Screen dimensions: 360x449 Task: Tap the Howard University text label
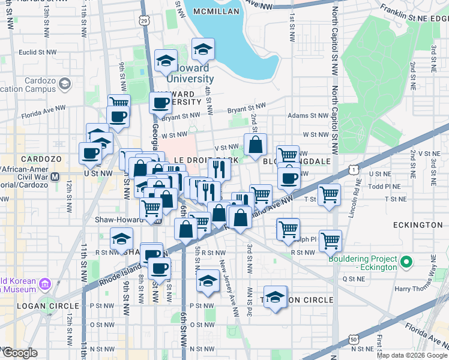[x=189, y=73]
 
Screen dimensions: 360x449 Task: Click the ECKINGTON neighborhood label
[x=418, y=224]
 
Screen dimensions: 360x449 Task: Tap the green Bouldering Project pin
[x=406, y=262]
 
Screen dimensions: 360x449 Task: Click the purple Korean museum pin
[x=45, y=283]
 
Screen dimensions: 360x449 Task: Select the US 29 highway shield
[x=145, y=21]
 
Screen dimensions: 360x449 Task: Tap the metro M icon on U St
[x=56, y=177]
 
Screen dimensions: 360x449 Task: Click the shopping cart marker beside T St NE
[x=330, y=195]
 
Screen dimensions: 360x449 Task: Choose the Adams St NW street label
[x=307, y=115]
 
